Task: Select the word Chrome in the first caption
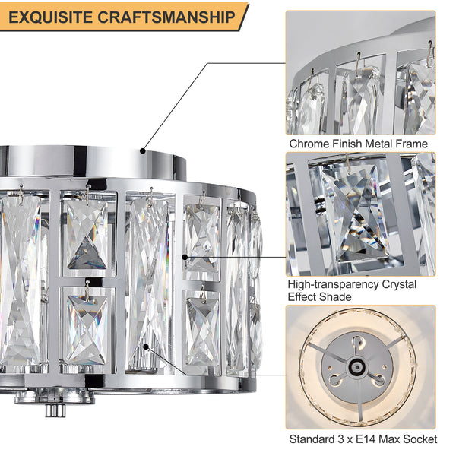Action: [308, 143]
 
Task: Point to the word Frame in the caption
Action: [412, 143]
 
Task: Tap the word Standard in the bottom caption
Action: [312, 439]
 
